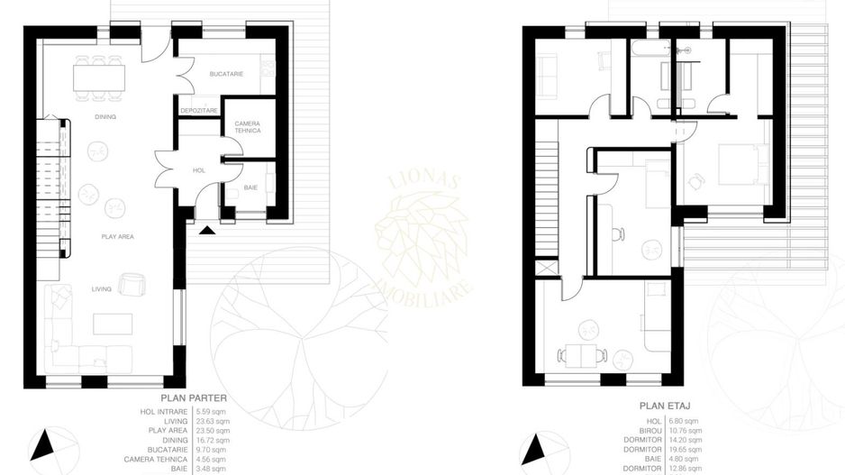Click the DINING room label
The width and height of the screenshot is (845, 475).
pyautogui.click(x=105, y=117)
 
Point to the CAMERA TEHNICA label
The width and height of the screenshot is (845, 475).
pyautogui.click(x=247, y=127)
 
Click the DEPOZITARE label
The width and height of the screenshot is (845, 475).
pyautogui.click(x=198, y=110)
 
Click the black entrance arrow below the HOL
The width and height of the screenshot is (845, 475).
pyautogui.click(x=206, y=230)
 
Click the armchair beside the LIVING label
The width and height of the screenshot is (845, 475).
pyautogui.click(x=131, y=286)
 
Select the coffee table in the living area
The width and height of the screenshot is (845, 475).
pyautogui.click(x=113, y=323)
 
